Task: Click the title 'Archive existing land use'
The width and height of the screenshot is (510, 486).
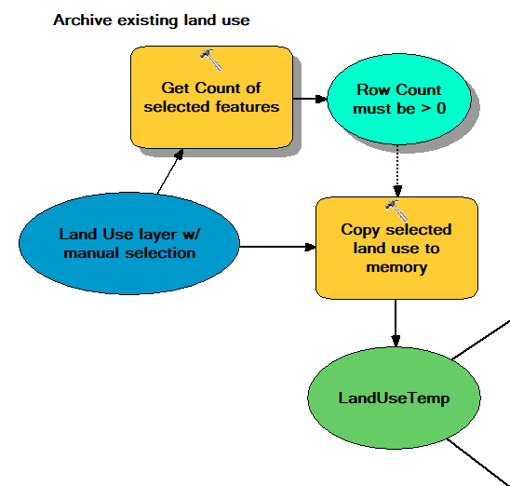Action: click(152, 20)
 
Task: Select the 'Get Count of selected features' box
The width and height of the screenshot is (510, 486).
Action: click(211, 97)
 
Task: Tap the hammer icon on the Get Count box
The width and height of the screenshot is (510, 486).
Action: click(211, 60)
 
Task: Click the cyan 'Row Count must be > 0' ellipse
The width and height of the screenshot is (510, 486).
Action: click(399, 99)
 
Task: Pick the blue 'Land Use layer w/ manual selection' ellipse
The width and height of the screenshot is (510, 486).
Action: click(129, 243)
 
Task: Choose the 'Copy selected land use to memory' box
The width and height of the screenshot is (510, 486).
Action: click(396, 248)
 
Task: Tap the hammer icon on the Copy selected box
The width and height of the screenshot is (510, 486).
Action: click(396, 210)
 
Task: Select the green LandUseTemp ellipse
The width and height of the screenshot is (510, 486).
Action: click(394, 398)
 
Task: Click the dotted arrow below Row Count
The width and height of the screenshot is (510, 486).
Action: click(397, 170)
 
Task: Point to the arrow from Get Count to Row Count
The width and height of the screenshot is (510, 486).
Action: click(310, 99)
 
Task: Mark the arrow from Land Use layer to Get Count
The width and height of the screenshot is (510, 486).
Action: click(170, 171)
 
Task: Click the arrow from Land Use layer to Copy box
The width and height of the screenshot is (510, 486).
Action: click(277, 247)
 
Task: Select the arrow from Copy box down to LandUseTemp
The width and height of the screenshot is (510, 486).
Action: click(396, 323)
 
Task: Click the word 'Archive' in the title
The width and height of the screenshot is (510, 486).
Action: click(83, 20)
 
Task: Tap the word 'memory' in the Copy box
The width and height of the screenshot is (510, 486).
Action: click(396, 267)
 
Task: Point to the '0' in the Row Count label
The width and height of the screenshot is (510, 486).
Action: click(441, 108)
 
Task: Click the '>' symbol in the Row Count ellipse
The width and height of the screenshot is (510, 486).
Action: click(426, 109)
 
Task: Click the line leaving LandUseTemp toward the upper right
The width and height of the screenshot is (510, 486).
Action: click(481, 340)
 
